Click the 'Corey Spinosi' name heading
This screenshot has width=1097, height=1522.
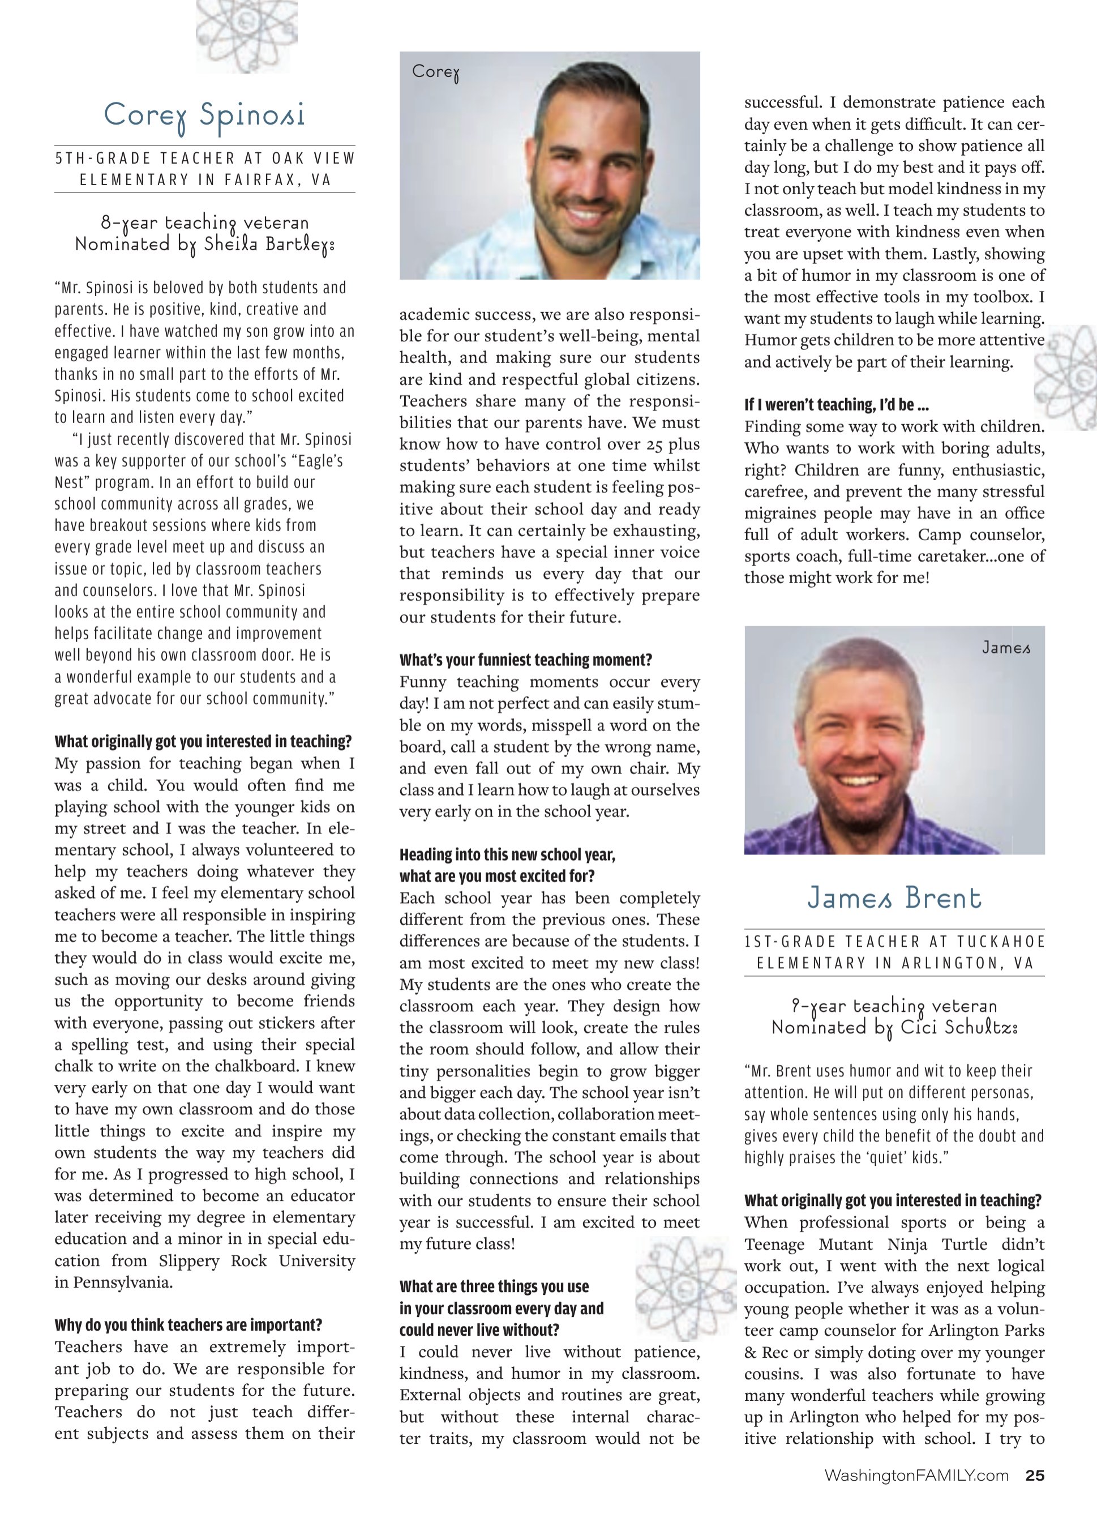[x=204, y=116]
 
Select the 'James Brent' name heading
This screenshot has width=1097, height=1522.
[x=894, y=898]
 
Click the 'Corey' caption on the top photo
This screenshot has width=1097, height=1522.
[x=435, y=72]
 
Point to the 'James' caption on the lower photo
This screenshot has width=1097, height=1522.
[x=1006, y=648]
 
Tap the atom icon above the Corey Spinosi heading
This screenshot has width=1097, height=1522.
[x=246, y=35]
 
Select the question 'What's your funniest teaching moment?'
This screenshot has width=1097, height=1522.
[x=525, y=660]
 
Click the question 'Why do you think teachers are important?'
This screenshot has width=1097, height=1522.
[x=188, y=1325]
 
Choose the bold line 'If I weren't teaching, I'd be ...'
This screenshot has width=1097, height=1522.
[x=836, y=405]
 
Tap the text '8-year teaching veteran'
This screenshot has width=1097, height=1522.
[x=205, y=222]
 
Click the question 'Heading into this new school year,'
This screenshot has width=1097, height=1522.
[x=507, y=854]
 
